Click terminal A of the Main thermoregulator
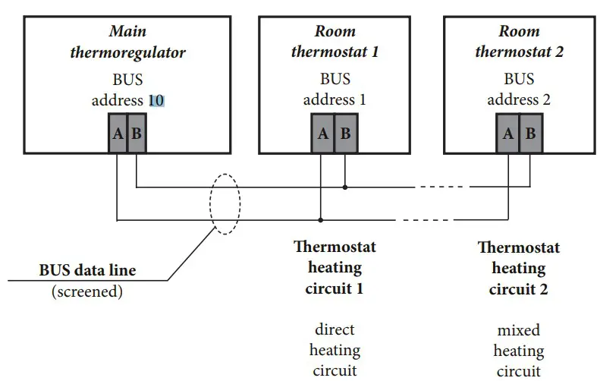coord(118,134)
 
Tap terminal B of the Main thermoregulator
coord(137,134)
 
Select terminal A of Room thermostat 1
coord(322,134)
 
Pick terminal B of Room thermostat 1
coord(346,134)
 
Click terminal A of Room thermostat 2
coord(507,134)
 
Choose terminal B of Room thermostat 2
coord(531,134)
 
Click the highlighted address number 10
coord(156,100)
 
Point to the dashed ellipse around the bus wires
coord(209,203)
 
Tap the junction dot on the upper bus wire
coord(345,187)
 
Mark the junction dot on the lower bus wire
coord(321,220)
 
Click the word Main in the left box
coord(127,31)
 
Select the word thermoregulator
coord(127,52)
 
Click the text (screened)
coord(87,291)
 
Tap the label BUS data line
coord(88,270)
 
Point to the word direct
coord(335,329)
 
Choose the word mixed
coord(519,330)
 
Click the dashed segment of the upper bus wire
coord(442,187)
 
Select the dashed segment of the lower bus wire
coord(424,220)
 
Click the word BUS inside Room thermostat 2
coord(519,79)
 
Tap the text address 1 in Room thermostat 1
coord(335,100)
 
